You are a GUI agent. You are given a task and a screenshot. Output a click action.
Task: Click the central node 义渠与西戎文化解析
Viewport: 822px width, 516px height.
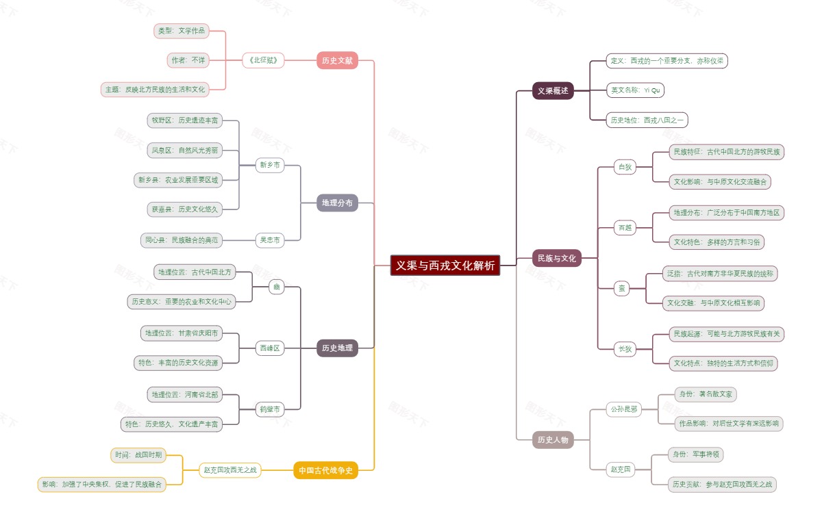(445, 266)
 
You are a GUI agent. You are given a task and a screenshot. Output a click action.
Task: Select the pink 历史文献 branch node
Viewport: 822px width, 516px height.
(338, 60)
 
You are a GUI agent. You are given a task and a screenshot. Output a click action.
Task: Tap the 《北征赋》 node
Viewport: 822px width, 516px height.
(263, 60)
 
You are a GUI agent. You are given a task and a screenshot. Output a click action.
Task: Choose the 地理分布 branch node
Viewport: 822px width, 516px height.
(338, 203)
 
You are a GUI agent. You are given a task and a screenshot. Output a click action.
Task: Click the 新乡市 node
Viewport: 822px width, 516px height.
(270, 165)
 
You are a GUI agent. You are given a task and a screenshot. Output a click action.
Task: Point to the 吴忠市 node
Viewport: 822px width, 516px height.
(270, 240)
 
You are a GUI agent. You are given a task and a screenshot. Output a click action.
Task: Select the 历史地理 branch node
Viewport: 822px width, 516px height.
(338, 348)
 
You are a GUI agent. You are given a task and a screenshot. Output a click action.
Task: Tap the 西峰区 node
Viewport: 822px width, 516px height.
(270, 348)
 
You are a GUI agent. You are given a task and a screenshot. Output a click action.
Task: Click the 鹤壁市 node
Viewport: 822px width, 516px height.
(270, 409)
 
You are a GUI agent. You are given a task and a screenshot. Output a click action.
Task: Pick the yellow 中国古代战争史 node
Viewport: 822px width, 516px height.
(326, 470)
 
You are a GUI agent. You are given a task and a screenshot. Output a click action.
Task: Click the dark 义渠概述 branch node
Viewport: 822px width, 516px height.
(553, 90)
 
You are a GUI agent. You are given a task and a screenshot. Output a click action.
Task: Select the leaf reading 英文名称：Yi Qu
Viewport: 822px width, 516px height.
(635, 90)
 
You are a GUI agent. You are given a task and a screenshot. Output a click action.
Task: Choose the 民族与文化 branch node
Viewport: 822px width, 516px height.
(557, 258)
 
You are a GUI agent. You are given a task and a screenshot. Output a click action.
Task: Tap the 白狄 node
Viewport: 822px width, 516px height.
(625, 167)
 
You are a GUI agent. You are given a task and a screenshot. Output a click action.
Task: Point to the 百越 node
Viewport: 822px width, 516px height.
(625, 228)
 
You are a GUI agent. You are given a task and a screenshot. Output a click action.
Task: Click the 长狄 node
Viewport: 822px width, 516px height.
(625, 349)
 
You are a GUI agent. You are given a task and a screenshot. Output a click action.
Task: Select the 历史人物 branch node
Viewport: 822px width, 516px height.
(553, 440)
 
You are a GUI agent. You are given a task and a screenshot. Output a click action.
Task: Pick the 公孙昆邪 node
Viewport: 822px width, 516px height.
(623, 410)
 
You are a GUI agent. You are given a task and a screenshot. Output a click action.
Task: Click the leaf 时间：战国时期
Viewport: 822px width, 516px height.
(138, 455)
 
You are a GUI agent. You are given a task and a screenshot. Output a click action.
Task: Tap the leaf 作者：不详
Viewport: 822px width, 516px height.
(188, 60)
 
